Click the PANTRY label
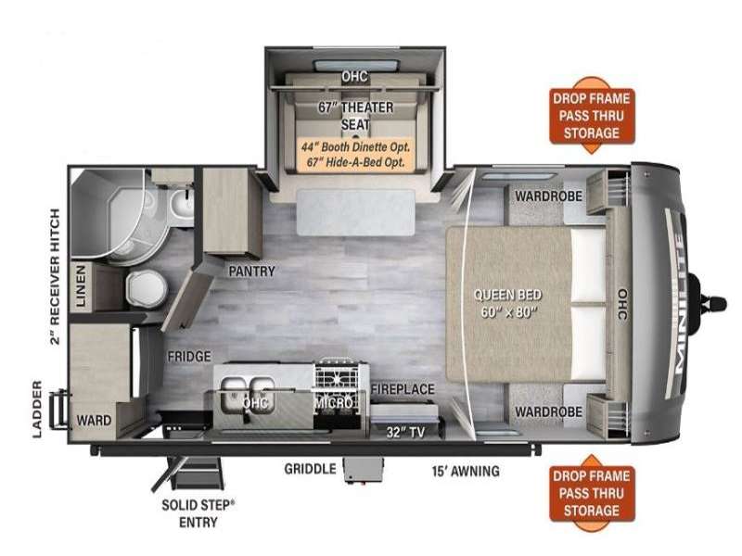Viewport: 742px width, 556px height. pos(251,272)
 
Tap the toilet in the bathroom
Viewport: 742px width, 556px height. pos(147,289)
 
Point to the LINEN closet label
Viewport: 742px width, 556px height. pos(81,286)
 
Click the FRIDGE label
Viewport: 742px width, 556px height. pos(189,356)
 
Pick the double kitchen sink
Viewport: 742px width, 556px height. pos(248,393)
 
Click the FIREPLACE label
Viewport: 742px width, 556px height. pos(403,389)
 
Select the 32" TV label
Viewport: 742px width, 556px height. pos(405,432)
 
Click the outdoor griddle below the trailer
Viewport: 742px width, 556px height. pos(363,469)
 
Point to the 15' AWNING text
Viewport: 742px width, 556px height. pos(466,471)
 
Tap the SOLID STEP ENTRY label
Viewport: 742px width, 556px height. pos(198,513)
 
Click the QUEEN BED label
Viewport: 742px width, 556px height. pos(507,304)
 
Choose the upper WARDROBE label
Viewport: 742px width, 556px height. pos(548,196)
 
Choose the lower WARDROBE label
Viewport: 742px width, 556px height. pos(548,411)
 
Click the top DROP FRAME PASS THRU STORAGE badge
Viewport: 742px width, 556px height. pos(592,115)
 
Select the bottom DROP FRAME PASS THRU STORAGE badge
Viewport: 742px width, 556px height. pos(592,493)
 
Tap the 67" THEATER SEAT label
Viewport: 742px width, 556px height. pos(355,116)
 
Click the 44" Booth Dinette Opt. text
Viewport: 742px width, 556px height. pos(356,147)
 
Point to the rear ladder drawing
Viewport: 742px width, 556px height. pos(60,407)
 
